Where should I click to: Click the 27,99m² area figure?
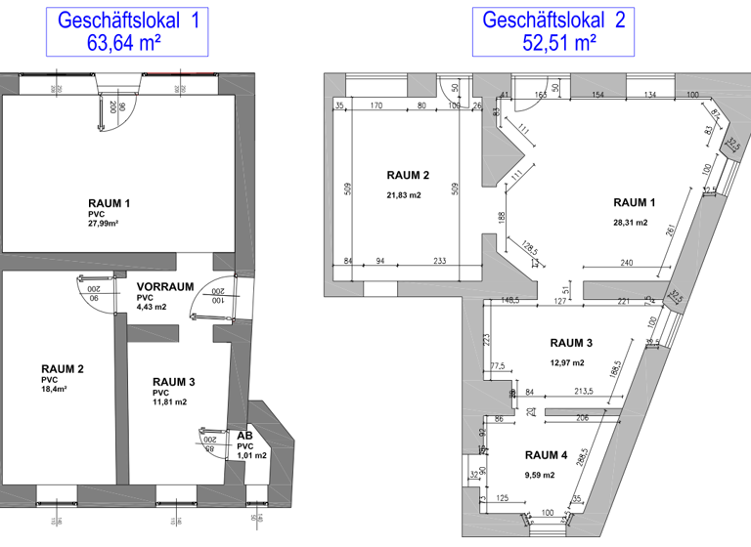click(x=104, y=223)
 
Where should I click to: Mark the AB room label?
click(x=244, y=437)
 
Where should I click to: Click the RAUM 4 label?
click(x=546, y=455)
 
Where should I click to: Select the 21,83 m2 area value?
click(x=403, y=195)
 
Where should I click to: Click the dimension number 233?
click(x=442, y=261)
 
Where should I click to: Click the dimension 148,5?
click(x=508, y=301)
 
